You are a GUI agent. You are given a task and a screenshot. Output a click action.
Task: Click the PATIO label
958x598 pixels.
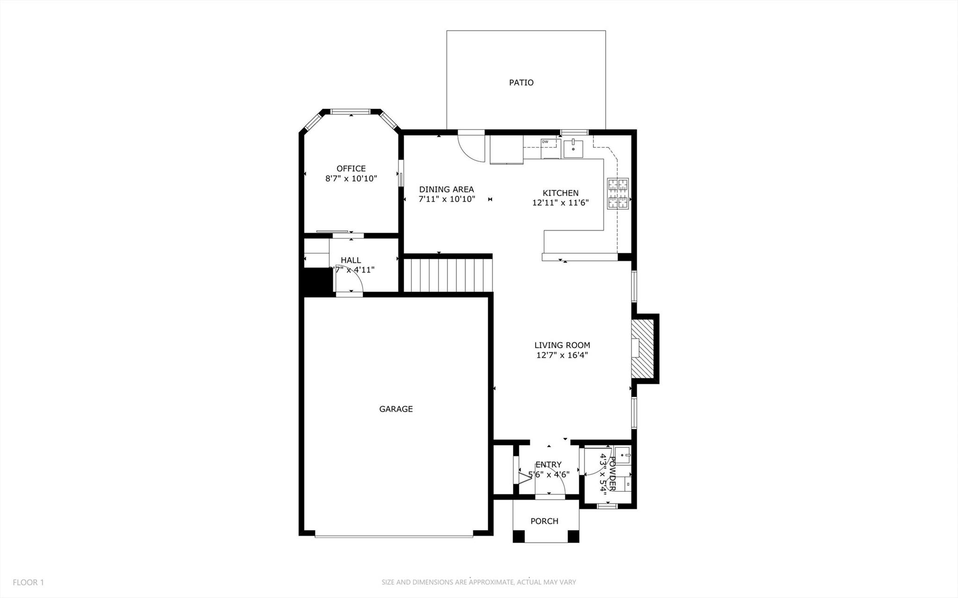coord(521,83)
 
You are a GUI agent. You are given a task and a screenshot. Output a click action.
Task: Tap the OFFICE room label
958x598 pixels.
coord(351,168)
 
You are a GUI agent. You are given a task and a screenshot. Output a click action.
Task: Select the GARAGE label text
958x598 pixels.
coord(396,409)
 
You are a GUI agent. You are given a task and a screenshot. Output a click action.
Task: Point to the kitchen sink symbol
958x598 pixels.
coord(573,149)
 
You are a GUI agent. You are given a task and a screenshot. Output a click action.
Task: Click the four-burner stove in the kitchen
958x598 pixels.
coord(618,193)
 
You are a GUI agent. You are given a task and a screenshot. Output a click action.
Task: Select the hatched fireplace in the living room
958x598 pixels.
coord(643,348)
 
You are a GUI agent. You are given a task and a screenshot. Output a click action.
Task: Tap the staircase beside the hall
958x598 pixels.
coord(448,276)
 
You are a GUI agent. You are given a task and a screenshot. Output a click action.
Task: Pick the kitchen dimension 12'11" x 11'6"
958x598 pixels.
coord(560,203)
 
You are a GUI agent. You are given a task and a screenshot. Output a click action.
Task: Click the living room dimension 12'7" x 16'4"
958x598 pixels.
coord(562,355)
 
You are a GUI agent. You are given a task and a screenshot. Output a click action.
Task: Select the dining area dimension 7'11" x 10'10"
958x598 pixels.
coord(446,199)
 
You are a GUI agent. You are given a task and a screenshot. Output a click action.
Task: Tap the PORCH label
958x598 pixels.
coord(544,521)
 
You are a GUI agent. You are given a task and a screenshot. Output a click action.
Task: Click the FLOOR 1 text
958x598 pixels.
coord(28,583)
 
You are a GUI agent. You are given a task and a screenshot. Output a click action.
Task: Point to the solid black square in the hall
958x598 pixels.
coord(316,281)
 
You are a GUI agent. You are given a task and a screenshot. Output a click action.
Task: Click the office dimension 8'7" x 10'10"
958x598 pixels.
coord(351,179)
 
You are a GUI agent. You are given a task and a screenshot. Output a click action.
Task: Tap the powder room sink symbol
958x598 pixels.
coord(623,454)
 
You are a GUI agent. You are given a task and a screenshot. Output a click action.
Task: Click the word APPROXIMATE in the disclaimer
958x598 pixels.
coord(491,583)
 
